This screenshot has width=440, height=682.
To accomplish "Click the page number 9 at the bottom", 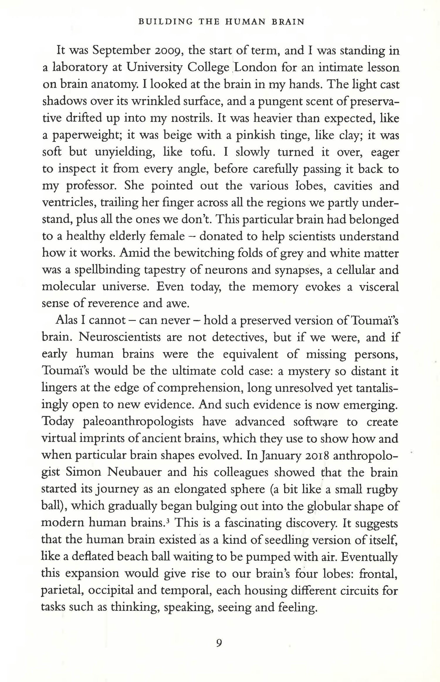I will coord(219,642).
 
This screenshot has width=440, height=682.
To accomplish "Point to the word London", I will coord(255,68).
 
